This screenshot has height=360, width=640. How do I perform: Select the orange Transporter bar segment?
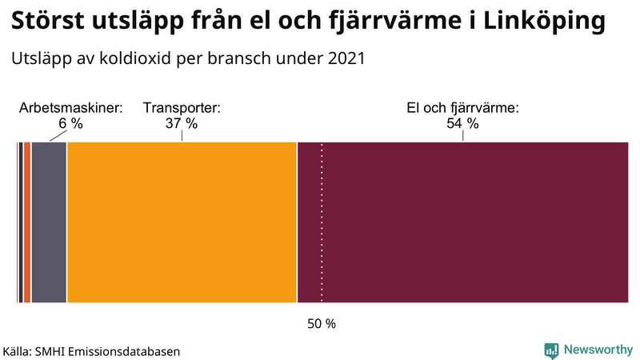pyautogui.click(x=182, y=222)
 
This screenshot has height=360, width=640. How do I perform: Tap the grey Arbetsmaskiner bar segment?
pyautogui.click(x=49, y=222)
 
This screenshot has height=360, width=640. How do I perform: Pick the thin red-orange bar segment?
pyautogui.click(x=27, y=222)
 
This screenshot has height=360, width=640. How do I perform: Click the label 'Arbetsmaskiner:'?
pyautogui.click(x=70, y=108)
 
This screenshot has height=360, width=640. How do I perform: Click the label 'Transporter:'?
pyautogui.click(x=181, y=108)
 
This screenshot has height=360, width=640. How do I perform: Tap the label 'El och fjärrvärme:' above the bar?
pyautogui.click(x=463, y=108)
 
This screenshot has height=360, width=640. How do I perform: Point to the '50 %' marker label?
pyautogui.click(x=322, y=324)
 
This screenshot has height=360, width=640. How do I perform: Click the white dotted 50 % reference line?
pyautogui.click(x=322, y=240)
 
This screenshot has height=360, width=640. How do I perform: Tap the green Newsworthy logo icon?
pyautogui.click(x=551, y=350)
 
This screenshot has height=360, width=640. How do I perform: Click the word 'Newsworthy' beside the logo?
pyautogui.click(x=597, y=350)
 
